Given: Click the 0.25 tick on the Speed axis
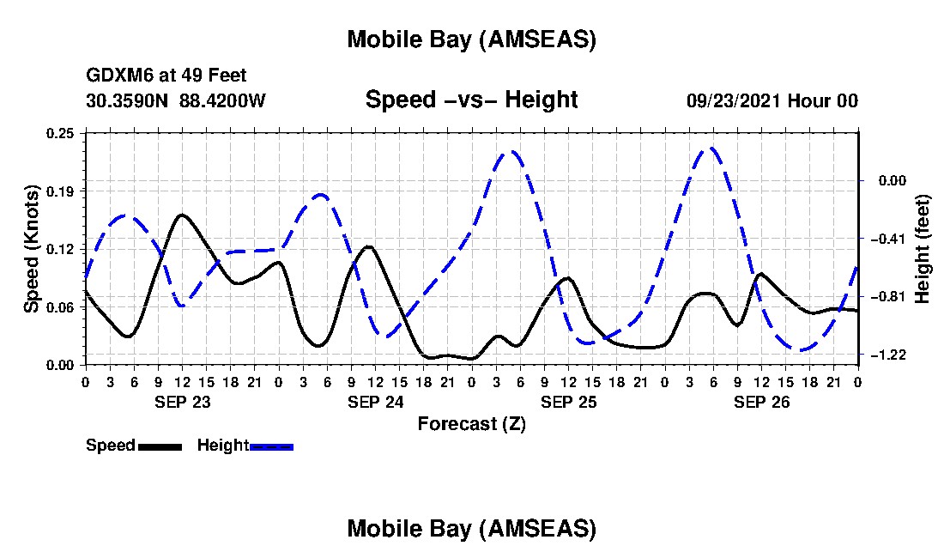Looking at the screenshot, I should click(62, 132).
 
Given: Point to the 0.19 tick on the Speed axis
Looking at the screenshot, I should click(62, 190).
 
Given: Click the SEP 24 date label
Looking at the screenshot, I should click(375, 401).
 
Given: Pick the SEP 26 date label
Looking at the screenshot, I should click(761, 401).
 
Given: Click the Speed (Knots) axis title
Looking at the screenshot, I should click(31, 248).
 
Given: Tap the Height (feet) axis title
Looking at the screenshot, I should click(923, 248).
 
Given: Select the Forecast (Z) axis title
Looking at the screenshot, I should click(471, 423).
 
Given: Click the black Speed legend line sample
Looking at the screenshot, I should click(159, 446).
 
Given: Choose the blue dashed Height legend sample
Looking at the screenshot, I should click(271, 446).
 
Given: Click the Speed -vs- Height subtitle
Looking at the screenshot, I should click(471, 100).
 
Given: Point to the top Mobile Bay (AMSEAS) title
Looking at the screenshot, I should click(471, 39).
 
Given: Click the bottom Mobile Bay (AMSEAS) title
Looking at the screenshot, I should click(471, 529).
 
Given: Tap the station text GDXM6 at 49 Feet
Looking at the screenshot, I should click(166, 76).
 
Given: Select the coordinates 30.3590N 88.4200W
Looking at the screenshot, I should click(176, 100).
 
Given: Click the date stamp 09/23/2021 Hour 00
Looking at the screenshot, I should click(772, 100).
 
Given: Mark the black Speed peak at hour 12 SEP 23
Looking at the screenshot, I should click(181, 215).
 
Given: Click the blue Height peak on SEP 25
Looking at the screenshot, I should click(511, 151).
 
